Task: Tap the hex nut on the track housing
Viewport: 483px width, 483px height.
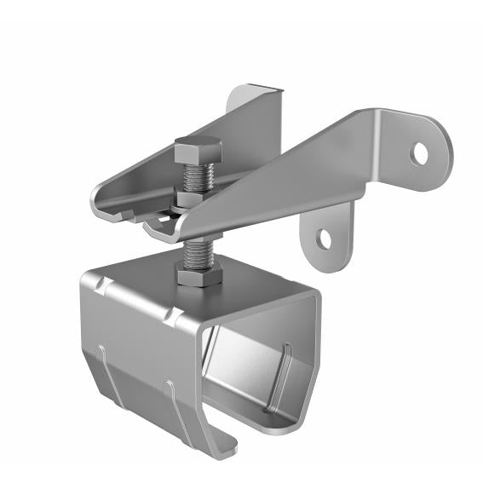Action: pos(199,274)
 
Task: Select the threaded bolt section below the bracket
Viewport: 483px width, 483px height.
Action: pos(196,250)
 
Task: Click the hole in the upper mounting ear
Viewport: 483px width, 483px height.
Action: pos(419,152)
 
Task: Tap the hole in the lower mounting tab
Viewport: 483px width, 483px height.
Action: pos(325,239)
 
